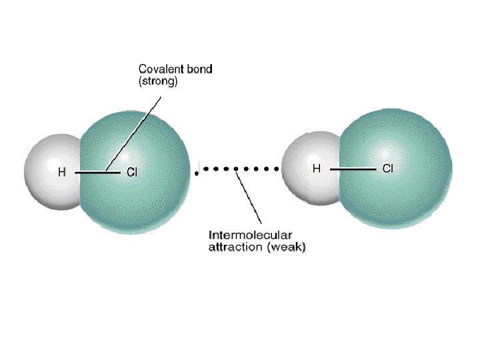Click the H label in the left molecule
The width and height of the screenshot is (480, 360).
(61, 172)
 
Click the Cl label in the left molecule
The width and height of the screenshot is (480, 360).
(131, 172)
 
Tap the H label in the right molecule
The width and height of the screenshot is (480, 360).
(317, 169)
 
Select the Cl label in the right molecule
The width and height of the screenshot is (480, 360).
(387, 169)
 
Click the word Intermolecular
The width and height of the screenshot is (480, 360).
(248, 235)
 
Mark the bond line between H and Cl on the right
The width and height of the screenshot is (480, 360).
(353, 169)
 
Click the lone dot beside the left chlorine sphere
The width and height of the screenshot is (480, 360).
(195, 174)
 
